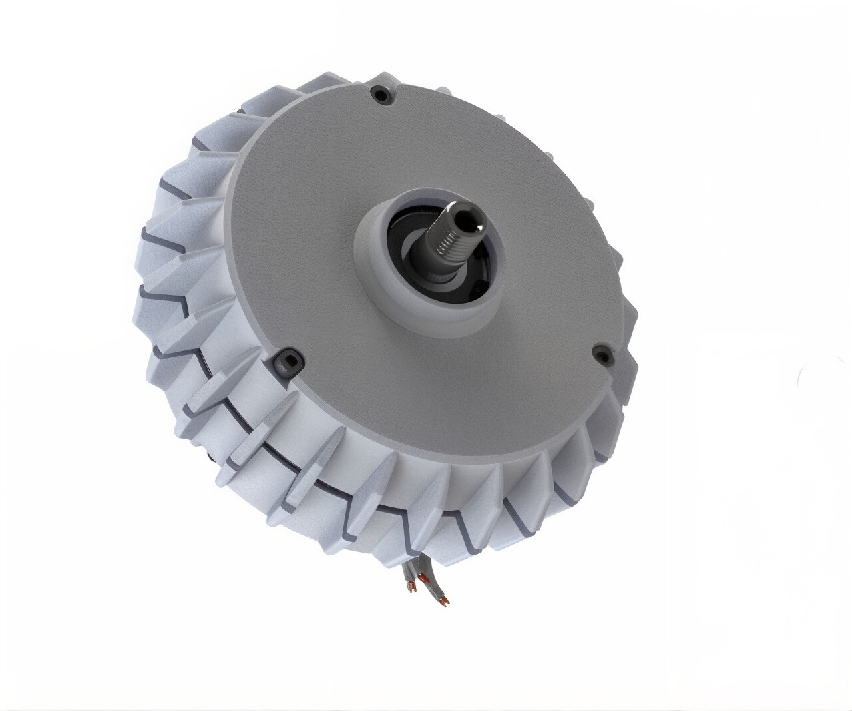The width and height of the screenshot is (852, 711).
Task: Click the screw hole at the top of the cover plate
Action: [381, 95]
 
